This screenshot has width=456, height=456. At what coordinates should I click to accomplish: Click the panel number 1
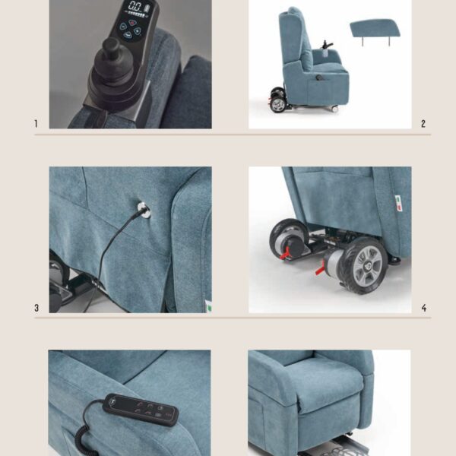coord(36,124)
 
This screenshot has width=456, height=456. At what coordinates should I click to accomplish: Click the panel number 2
coord(423,124)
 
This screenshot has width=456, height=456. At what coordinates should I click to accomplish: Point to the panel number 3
coord(36,308)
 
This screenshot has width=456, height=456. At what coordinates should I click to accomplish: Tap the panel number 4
coord(424,308)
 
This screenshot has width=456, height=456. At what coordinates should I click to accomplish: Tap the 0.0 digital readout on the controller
coord(135,6)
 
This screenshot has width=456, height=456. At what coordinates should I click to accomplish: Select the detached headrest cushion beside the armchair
coord(375,29)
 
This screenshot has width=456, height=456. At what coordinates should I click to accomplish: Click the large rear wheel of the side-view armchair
coord(277,104)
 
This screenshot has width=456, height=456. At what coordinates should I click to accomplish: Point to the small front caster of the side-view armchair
coord(334,109)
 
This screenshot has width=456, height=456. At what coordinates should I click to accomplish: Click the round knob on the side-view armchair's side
coord(319,78)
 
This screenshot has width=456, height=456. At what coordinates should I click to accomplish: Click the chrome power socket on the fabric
coord(144,210)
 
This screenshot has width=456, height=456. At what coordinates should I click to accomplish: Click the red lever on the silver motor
coord(321,269)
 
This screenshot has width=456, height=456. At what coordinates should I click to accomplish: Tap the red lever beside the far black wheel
coord(285,253)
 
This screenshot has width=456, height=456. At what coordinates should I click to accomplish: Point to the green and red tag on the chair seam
coord(398,203)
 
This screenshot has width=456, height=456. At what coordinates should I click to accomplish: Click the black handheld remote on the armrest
coord(141,410)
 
